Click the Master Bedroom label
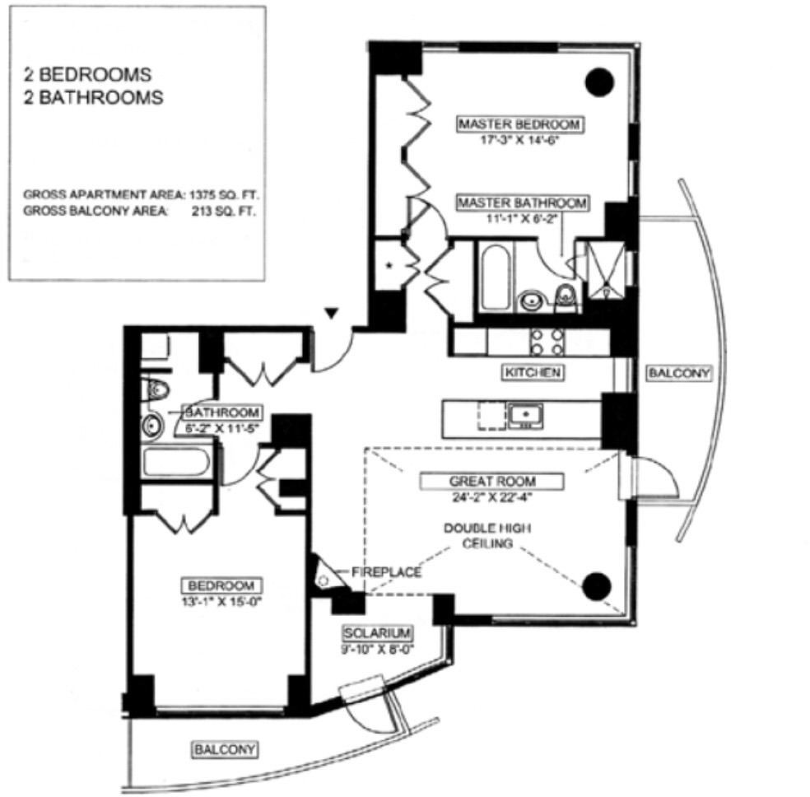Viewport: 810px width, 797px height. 520,124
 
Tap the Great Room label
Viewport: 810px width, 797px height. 491,482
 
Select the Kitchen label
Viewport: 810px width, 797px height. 533,372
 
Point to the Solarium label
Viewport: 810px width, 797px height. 378,633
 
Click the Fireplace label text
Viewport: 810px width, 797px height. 386,572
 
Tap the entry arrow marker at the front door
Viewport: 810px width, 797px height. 331,313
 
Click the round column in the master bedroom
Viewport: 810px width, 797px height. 599,82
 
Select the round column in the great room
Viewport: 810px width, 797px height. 597,586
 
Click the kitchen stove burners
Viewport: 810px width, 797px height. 547,342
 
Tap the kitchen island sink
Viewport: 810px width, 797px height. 525,416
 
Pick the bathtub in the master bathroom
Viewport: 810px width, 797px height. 496,277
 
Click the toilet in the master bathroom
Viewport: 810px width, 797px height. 566,299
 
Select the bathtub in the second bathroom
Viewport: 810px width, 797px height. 176,462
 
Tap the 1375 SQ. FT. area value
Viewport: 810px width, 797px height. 223,195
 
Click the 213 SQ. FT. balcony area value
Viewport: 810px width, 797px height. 223,212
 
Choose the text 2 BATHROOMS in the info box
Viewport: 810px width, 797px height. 93,98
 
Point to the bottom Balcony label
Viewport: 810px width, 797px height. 225,749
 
